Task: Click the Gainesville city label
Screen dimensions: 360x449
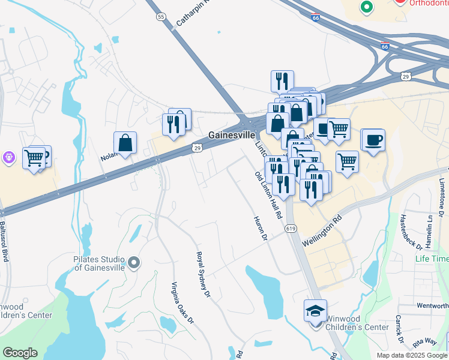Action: tap(232, 135)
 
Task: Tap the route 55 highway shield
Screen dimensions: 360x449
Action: tap(161, 17)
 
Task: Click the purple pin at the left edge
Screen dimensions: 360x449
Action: tap(8, 157)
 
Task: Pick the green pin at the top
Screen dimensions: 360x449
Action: tap(366, 7)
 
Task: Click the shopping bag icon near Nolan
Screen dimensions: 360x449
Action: tap(125, 143)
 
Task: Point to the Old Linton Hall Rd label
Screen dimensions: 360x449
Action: tap(268, 195)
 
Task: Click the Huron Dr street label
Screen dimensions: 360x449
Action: tap(259, 229)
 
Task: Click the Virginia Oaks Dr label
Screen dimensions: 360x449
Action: tap(182, 303)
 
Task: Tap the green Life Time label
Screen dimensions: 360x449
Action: tap(432, 259)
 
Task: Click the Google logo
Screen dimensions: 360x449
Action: tap(20, 352)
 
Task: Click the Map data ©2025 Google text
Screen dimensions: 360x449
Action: tap(411, 355)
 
